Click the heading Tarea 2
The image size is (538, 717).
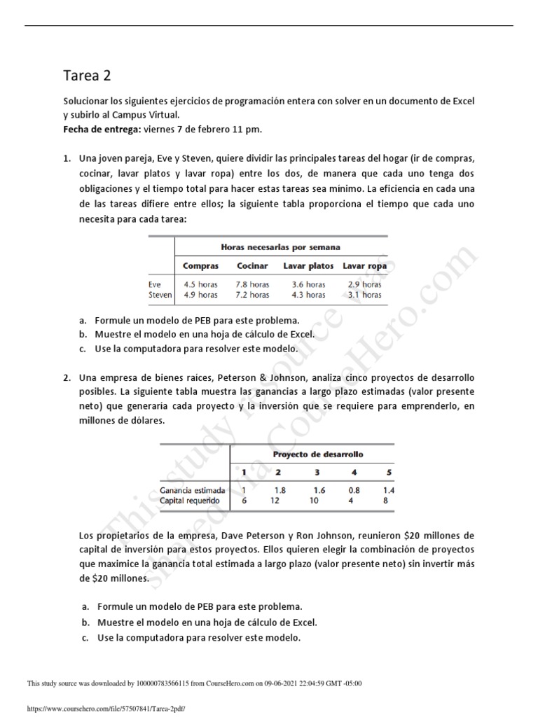[x=87, y=75]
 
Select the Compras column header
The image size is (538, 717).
[x=200, y=266]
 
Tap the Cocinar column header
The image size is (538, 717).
[x=253, y=266]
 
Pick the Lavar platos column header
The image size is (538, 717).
[x=308, y=266]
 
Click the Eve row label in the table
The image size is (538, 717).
[x=155, y=285]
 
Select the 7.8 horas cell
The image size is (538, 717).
[x=253, y=285]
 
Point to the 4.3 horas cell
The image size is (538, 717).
[x=308, y=295]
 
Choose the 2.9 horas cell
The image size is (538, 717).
[x=364, y=285]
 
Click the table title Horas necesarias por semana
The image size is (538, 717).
[x=280, y=247]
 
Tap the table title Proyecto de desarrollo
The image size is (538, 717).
[x=313, y=454]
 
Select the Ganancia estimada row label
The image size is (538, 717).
[x=193, y=491]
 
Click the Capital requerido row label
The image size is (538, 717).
[x=190, y=501]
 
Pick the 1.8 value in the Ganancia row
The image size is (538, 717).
[x=280, y=491]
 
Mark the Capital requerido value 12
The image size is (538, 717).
[x=277, y=501]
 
